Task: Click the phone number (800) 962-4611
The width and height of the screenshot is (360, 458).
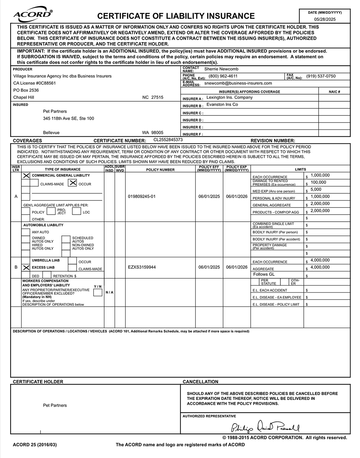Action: click(223, 76)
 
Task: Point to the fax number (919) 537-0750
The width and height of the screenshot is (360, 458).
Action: click(321, 76)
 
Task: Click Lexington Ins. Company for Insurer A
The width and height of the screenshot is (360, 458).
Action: click(229, 97)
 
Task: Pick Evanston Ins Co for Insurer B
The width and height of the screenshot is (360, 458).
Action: click(222, 104)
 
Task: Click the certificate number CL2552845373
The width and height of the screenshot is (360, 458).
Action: click(168, 140)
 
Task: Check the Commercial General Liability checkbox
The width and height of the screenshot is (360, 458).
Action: click(26, 175)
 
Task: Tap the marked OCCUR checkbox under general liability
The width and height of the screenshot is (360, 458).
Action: click(72, 183)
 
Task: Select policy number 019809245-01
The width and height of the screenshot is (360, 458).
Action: click(142, 197)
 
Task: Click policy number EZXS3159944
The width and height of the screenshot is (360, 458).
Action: click(142, 267)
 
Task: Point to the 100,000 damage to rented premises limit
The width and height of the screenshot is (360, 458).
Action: click(318, 182)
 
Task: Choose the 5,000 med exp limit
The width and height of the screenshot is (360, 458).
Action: click(316, 190)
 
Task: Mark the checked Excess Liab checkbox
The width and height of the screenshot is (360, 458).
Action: click(26, 268)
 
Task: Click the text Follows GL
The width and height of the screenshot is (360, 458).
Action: click(264, 275)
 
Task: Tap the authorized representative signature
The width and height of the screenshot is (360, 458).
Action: click(265, 427)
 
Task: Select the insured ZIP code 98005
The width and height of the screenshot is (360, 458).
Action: click(157, 133)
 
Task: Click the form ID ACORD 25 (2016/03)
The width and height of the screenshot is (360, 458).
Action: click(35, 445)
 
